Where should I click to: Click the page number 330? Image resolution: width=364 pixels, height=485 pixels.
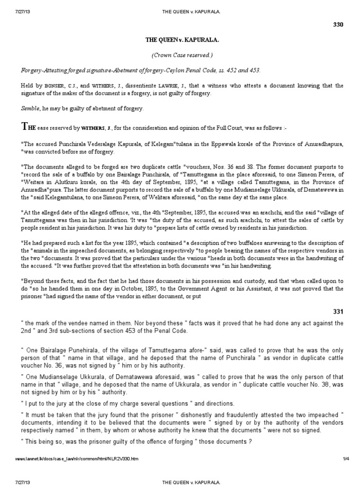click(x=351, y=24)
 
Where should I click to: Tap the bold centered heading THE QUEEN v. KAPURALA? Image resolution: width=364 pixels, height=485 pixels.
click(x=182, y=41)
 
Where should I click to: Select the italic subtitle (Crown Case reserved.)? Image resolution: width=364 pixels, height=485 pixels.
click(x=182, y=55)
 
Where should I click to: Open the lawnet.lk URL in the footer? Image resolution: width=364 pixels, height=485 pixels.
click(x=76, y=459)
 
